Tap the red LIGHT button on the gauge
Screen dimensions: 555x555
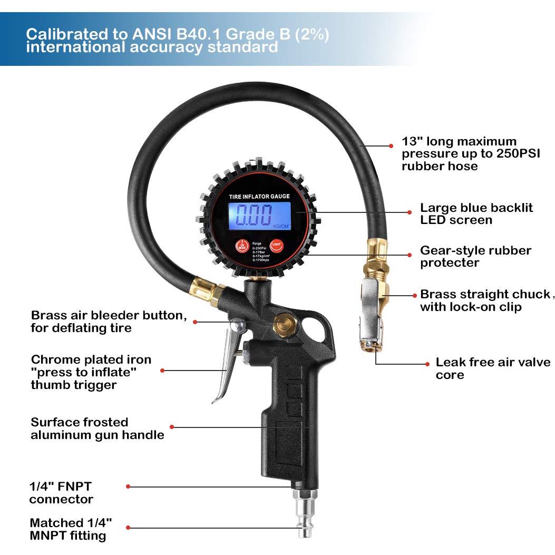(276, 246)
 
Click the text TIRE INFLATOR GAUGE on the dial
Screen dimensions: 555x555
(259, 196)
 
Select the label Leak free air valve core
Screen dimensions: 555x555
(492, 368)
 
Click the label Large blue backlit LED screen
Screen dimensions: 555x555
(476, 213)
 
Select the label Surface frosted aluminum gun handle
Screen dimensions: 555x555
(97, 429)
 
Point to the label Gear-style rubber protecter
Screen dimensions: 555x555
(475, 257)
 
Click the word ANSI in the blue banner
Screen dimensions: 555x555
(150, 35)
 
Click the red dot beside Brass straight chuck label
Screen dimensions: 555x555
(410, 295)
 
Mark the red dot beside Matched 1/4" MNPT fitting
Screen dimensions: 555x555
(128, 528)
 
